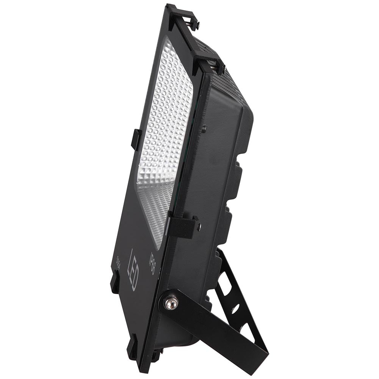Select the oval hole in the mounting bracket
pos(235,308)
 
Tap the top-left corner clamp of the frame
pos(182,17)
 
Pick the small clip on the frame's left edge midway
pos(136,139)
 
